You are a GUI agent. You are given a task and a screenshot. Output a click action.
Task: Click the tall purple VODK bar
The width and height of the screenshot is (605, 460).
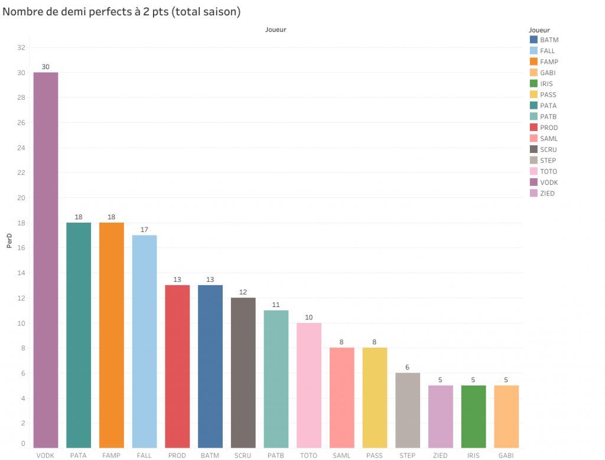click(x=45, y=260)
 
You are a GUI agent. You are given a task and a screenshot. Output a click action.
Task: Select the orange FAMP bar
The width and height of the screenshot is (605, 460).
click(x=112, y=335)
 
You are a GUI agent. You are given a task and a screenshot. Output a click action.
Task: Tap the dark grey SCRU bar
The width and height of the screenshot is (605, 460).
click(x=243, y=372)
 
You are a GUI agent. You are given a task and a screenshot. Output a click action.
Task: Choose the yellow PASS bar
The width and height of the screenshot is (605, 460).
click(x=375, y=397)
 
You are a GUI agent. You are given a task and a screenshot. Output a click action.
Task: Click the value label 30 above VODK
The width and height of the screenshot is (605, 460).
click(x=45, y=67)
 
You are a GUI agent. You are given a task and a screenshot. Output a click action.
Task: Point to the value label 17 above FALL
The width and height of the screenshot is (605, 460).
click(x=144, y=229)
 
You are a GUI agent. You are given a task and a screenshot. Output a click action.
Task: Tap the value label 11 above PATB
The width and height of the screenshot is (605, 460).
click(x=276, y=304)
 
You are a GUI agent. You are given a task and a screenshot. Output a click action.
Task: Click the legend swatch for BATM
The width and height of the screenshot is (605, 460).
click(x=534, y=40)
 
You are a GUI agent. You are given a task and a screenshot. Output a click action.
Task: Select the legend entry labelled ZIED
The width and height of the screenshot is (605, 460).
click(x=547, y=194)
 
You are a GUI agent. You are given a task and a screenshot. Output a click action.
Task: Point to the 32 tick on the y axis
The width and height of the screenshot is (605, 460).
click(x=21, y=48)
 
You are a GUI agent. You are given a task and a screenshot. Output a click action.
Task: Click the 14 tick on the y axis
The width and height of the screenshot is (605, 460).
click(x=21, y=273)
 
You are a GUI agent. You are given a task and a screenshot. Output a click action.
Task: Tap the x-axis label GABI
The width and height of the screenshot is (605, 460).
click(x=506, y=455)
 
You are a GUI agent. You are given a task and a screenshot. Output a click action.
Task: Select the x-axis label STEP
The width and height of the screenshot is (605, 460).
click(x=407, y=455)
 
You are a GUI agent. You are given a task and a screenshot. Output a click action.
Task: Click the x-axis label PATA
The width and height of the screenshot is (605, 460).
click(x=79, y=455)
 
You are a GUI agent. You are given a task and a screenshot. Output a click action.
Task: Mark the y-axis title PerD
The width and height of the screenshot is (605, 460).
click(x=9, y=242)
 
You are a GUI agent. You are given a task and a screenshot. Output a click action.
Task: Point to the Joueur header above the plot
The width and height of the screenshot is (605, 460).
click(x=275, y=29)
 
